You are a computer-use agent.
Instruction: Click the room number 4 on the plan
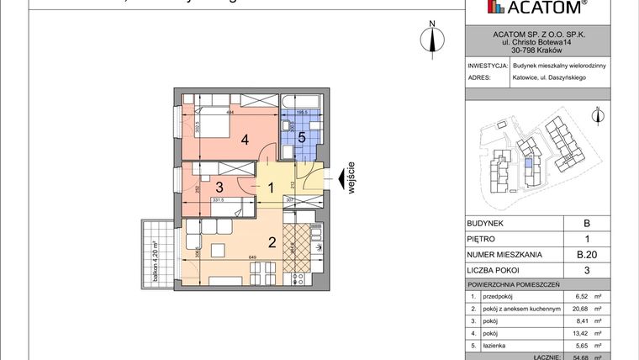tap(245, 140)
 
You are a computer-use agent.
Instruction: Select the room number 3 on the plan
tap(218, 187)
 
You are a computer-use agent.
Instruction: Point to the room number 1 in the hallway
tap(272, 187)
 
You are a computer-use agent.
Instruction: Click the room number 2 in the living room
tap(272, 243)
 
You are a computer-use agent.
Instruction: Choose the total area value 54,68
tap(579, 357)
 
